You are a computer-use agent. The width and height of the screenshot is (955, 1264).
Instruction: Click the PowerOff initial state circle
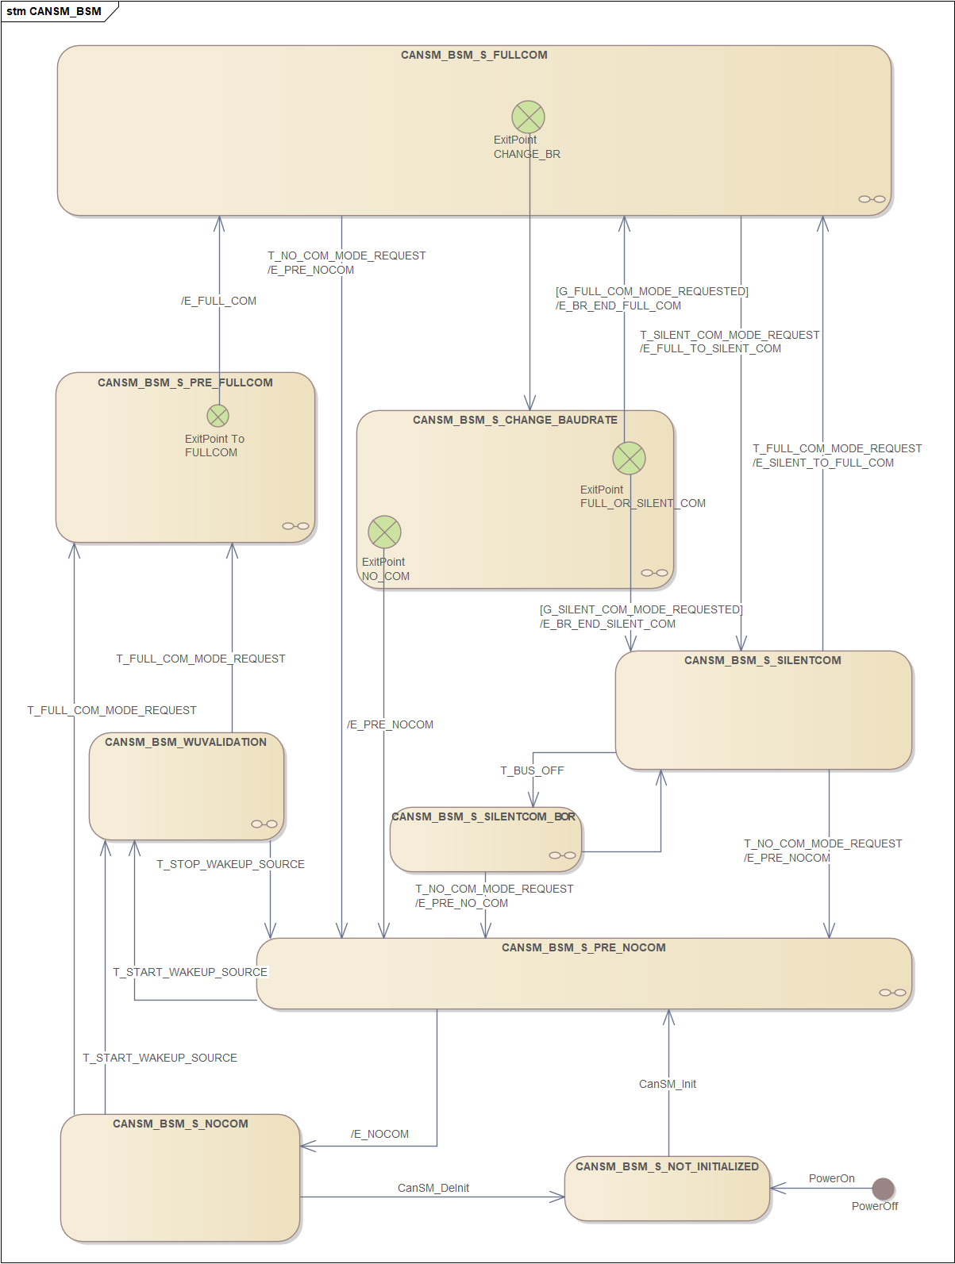click(x=883, y=1189)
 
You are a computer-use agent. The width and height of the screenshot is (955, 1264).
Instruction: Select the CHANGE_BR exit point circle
click(x=528, y=117)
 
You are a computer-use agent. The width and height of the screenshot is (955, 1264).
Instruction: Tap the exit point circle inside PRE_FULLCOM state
click(x=218, y=416)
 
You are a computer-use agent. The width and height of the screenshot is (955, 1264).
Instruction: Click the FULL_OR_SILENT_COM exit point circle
click(x=629, y=458)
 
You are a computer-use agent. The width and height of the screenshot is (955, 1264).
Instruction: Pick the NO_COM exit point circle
click(x=384, y=532)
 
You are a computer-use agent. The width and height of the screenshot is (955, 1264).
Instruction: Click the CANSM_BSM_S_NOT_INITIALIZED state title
click(x=667, y=1166)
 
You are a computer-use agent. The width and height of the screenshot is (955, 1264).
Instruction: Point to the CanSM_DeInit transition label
click(x=433, y=1188)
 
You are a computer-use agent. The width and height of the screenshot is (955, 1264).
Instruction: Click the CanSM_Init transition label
click(x=667, y=1084)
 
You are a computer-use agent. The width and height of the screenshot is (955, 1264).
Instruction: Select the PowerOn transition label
click(x=831, y=1178)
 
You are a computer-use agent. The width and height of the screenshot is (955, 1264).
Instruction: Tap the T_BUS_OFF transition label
click(x=532, y=770)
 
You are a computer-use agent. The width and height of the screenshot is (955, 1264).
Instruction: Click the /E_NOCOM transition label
click(x=380, y=1134)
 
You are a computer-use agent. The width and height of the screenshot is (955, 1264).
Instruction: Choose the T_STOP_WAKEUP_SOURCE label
click(x=230, y=864)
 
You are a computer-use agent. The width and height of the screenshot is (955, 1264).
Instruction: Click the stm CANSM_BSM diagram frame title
click(x=54, y=11)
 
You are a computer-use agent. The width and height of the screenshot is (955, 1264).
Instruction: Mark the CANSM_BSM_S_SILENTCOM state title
click(x=762, y=660)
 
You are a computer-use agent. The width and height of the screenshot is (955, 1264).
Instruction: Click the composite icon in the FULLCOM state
click(x=872, y=199)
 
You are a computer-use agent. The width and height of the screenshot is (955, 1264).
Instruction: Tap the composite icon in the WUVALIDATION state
click(x=264, y=824)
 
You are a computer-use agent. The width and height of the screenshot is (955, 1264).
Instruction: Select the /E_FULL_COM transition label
click(x=218, y=301)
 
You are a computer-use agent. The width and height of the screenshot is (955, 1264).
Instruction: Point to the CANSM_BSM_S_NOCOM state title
click(x=180, y=1124)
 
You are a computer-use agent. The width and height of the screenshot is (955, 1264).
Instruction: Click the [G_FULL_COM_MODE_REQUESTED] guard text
click(x=652, y=291)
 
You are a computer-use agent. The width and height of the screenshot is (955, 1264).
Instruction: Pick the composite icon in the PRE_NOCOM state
click(x=892, y=993)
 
